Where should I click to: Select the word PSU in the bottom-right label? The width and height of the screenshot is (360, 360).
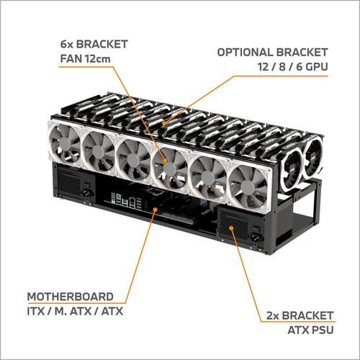(x=321, y=329)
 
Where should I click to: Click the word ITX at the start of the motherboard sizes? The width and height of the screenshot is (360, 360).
(x=36, y=310)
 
